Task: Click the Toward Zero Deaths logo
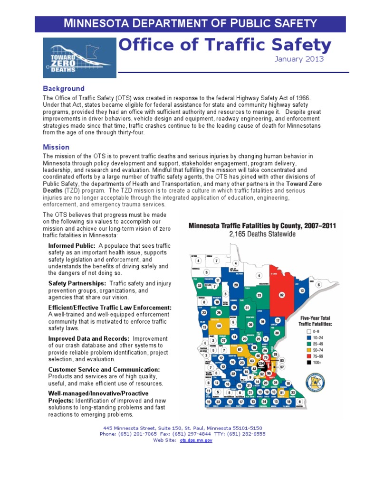click(x=78, y=57)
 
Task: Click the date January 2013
click(x=299, y=59)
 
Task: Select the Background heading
click(x=64, y=89)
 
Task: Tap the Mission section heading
click(x=56, y=147)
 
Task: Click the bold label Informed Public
click(x=72, y=246)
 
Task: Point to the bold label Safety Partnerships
click(x=77, y=283)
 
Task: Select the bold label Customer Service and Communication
click(x=104, y=369)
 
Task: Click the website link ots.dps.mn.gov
click(x=196, y=440)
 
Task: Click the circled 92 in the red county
click(x=281, y=295)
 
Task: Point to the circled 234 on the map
click(x=261, y=364)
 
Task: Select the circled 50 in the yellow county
click(x=219, y=326)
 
